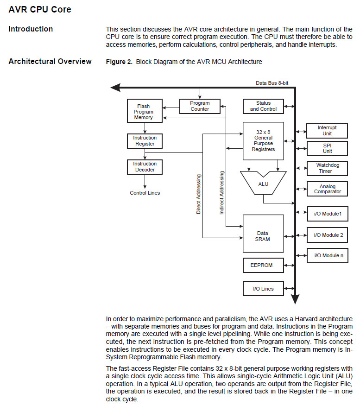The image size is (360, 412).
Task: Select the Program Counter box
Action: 200,106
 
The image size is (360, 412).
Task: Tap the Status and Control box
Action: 264,106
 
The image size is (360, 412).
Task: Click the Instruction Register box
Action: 145,141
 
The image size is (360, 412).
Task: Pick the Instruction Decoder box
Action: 145,167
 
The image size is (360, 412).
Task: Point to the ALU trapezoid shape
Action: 263,184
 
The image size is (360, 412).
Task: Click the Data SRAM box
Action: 263,236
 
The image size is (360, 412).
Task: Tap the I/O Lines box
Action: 263,289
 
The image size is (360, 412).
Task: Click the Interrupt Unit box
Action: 327,131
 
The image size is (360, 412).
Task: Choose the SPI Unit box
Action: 327,148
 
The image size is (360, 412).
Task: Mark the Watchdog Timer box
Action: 327,168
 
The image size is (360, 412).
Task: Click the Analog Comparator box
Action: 327,189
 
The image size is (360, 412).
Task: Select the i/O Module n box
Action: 327,255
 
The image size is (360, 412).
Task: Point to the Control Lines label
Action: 145,193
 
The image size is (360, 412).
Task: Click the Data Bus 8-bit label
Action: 272,83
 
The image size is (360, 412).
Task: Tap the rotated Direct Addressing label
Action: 199,194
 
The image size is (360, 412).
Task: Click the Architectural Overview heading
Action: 50,62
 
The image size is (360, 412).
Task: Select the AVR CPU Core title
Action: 40,9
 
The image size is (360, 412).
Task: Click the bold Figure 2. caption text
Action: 119,62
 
